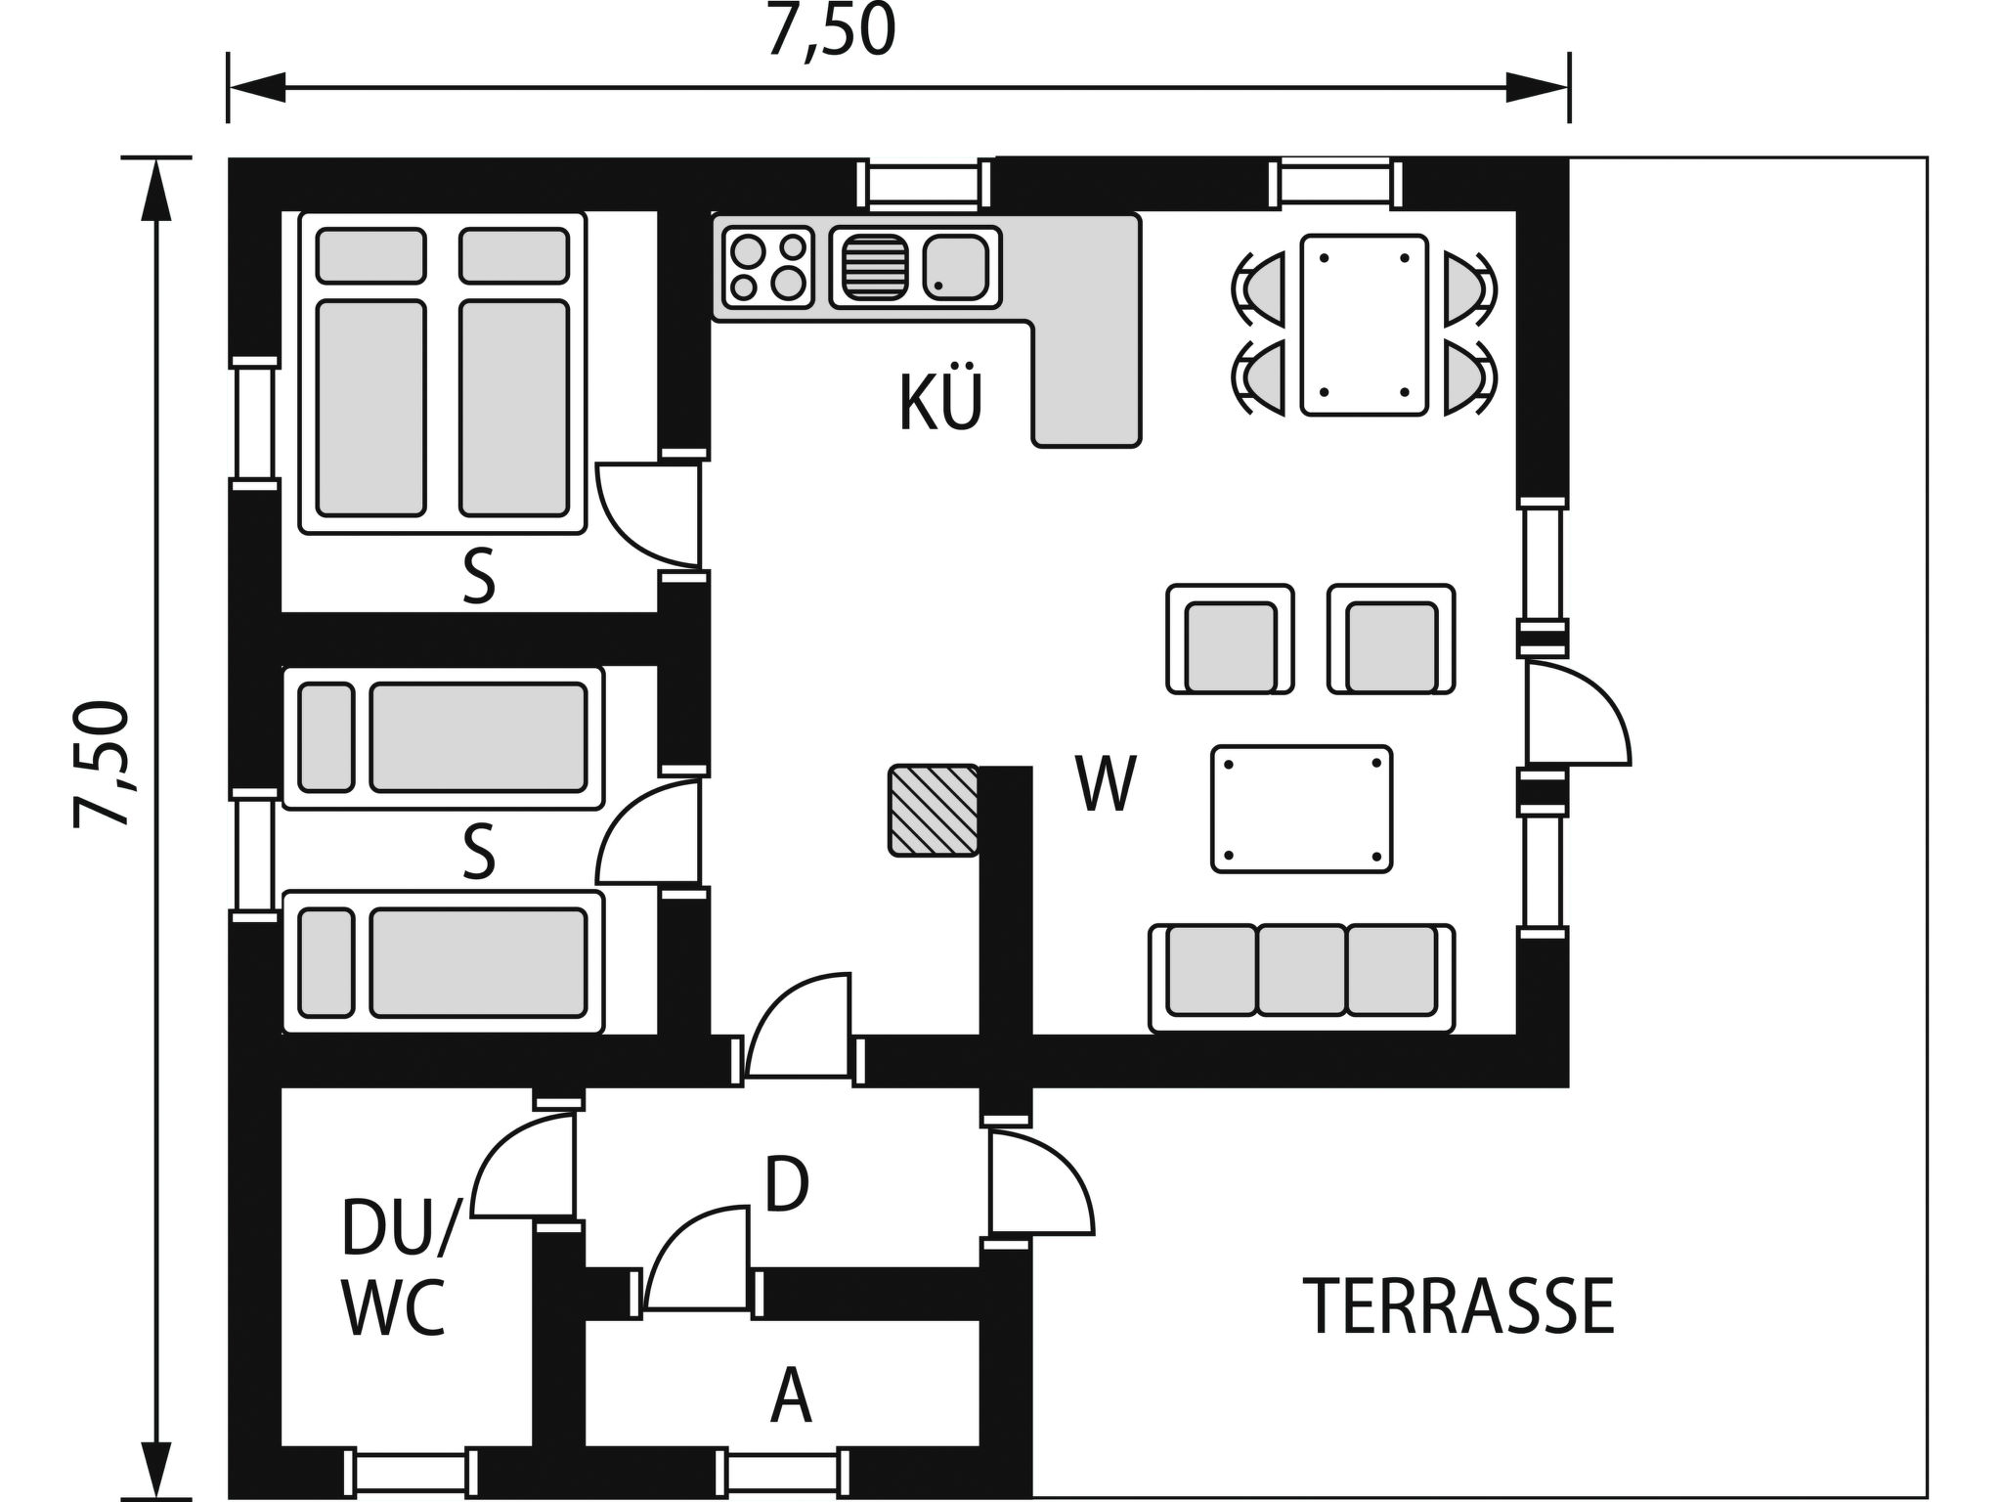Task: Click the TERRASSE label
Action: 1458,1306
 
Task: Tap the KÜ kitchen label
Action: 939,402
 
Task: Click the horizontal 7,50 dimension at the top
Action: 831,30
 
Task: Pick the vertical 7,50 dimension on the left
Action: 102,764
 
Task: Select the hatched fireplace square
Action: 934,811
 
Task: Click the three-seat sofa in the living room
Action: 1302,978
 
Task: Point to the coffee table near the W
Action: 1301,809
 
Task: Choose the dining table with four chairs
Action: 1364,326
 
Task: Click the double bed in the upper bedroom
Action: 443,373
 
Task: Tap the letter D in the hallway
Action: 787,1184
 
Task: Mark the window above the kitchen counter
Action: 923,185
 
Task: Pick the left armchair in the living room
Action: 1230,640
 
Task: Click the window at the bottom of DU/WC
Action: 411,1472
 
